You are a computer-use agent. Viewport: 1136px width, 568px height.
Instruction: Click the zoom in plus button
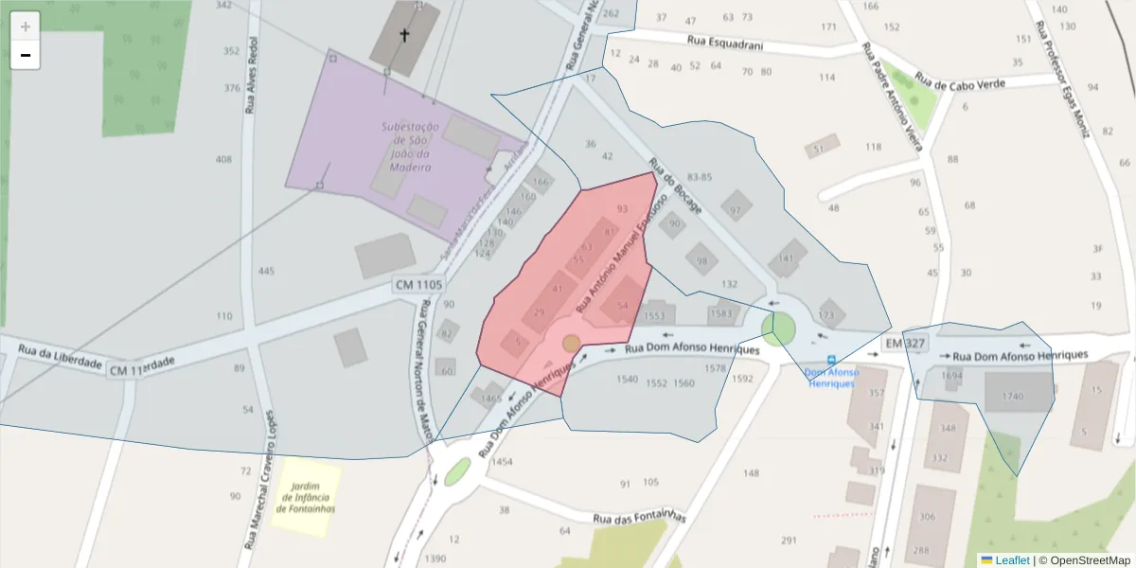coord(26,27)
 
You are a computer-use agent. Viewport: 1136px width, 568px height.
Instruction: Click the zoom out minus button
coord(26,56)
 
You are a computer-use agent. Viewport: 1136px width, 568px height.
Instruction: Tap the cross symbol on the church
coord(404,36)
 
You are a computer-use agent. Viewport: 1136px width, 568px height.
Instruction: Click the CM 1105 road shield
coord(418,284)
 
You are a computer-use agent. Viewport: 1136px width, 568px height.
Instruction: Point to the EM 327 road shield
coord(905,342)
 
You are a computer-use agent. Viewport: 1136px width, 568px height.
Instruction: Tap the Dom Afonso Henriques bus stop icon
coord(831,361)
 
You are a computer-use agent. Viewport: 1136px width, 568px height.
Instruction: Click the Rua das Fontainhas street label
coord(638,517)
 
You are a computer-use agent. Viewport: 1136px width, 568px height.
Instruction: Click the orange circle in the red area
coord(571,343)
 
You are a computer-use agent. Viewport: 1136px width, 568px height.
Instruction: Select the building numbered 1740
coord(1013,396)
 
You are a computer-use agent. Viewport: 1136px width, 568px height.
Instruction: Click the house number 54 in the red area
coord(622,306)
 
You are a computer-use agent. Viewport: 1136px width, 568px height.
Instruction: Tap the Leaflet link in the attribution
coord(1012,559)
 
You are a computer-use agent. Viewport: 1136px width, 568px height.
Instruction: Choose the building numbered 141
coord(786,258)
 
